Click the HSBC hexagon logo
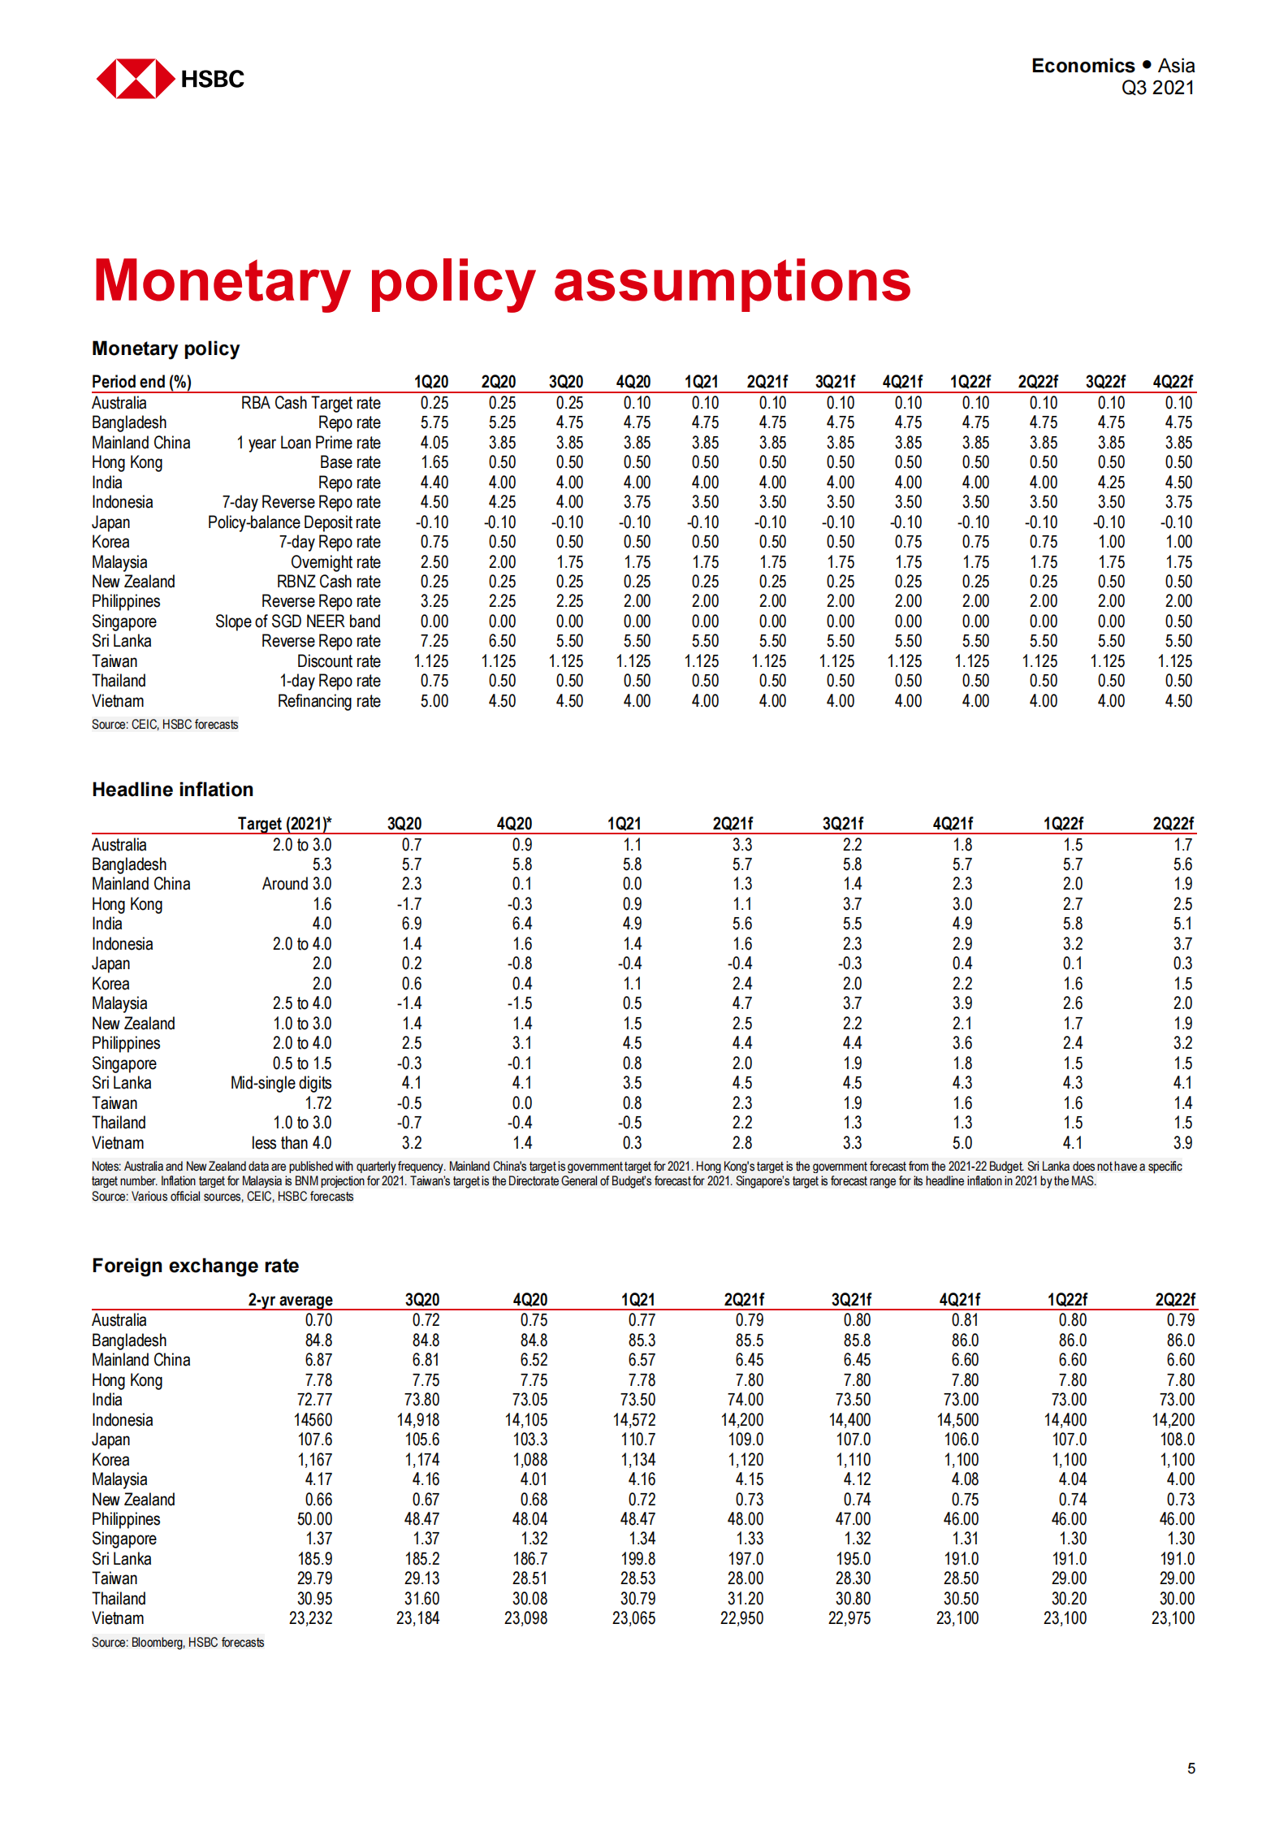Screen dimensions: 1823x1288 135,79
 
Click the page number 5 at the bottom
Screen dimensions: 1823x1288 1191,1768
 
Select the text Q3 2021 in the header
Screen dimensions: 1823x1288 1157,88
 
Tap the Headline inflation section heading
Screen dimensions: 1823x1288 172,790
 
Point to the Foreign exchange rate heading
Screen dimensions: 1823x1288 195,1266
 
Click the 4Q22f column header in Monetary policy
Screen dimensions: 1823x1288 1173,382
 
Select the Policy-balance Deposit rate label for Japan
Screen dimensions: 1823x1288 294,522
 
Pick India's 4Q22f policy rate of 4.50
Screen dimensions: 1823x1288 1178,483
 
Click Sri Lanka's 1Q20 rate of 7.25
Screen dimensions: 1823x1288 434,642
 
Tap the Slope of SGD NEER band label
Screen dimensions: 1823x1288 297,621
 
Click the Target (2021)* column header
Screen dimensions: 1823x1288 284,824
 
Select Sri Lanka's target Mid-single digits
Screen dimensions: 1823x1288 281,1083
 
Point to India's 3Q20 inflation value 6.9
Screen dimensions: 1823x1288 411,924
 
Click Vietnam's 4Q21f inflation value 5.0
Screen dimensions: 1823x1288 962,1143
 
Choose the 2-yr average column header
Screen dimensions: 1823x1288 290,1300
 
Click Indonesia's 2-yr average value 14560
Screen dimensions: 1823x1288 313,1420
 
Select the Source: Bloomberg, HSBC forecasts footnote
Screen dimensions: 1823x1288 178,1643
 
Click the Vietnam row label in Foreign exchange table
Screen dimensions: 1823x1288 118,1618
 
